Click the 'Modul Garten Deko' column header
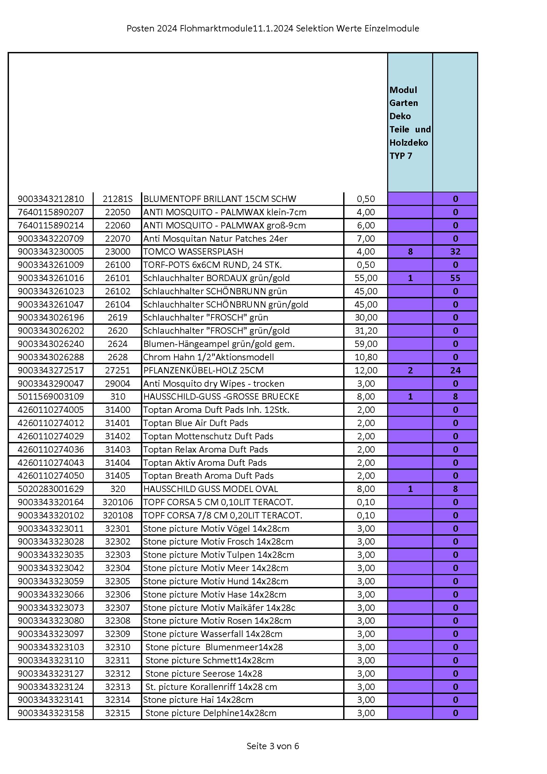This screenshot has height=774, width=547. point(410,123)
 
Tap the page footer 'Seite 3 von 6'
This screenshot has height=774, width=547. point(273,746)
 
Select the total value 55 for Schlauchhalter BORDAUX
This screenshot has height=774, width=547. point(455,278)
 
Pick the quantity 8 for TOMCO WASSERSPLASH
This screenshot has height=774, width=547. point(410,252)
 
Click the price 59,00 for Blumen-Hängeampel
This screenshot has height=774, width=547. point(366,344)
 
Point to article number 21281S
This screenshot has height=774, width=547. point(117,199)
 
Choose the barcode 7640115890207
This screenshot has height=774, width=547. point(51,213)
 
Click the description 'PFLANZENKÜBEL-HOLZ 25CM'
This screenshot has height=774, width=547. point(203,370)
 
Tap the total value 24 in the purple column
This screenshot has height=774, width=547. point(455,370)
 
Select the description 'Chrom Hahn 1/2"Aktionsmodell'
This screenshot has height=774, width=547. point(208,357)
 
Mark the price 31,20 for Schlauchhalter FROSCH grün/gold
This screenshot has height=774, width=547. point(366,331)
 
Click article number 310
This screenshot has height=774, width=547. point(117,397)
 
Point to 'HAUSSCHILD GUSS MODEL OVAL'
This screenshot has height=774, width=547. point(210,489)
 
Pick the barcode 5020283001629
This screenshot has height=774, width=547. point(51,489)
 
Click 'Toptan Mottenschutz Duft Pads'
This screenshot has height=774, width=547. point(208,437)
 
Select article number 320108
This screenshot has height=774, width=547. point(117,515)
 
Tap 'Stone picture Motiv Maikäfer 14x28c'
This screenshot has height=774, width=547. point(219,608)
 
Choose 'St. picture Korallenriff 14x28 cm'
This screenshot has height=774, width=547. point(211,687)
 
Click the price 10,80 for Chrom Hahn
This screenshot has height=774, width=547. point(366,357)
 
